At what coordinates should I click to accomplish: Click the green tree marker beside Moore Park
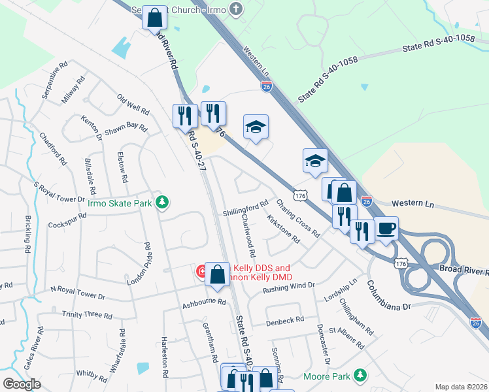point(358,376)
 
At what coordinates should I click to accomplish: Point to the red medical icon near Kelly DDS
point(201,270)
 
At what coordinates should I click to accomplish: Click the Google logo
point(22,384)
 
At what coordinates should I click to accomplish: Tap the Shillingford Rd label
point(246,207)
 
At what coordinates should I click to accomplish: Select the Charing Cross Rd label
point(298,218)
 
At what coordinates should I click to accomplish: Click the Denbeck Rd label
point(285,320)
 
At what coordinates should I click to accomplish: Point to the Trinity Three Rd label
point(86,315)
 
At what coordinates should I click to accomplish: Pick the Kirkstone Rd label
point(282,229)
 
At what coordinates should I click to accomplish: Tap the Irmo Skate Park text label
point(120,203)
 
